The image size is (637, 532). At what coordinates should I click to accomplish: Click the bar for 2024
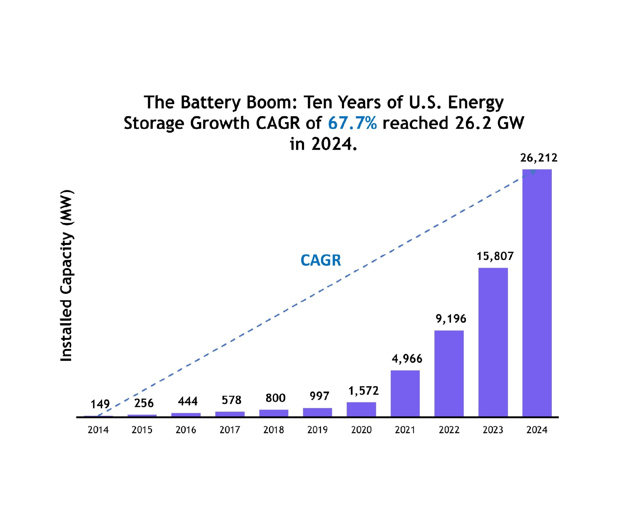point(537,293)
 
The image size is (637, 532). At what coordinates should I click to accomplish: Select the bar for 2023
point(493,342)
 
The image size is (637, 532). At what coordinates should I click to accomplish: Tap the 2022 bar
point(449,373)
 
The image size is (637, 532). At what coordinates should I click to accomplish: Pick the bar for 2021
point(405,393)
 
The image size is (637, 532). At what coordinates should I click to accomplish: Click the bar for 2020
point(361,409)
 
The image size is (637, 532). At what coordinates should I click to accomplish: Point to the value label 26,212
point(539,158)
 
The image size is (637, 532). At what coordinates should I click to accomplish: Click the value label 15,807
point(495,256)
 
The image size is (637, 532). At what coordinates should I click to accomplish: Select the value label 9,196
point(451,319)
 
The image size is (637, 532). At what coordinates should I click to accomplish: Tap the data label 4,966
point(407,359)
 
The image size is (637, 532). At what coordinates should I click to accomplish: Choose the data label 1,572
point(363,391)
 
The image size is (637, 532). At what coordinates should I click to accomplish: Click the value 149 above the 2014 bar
point(100,404)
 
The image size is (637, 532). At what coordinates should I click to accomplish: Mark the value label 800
point(275,398)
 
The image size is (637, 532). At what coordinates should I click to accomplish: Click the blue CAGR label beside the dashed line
point(321,260)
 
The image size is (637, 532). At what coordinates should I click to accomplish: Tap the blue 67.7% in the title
point(352,123)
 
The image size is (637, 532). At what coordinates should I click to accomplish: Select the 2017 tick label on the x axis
point(230,430)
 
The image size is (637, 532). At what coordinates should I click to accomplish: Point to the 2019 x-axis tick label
point(317,430)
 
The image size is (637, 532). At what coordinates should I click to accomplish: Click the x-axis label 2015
point(142,430)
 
